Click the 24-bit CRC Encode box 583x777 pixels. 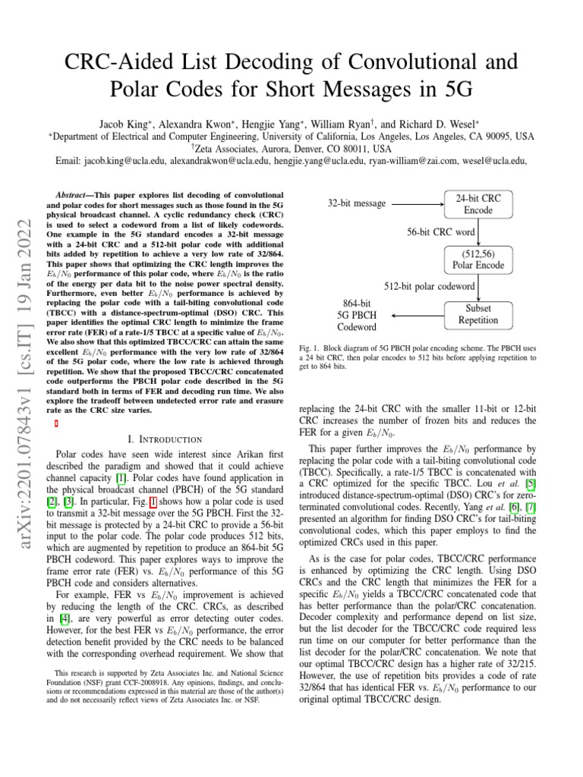coord(478,204)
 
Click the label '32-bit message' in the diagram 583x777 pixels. coord(357,203)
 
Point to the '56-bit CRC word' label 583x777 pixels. coord(440,231)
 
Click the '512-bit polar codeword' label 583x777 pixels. coord(430,287)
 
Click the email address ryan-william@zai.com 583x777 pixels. coord(414,161)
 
